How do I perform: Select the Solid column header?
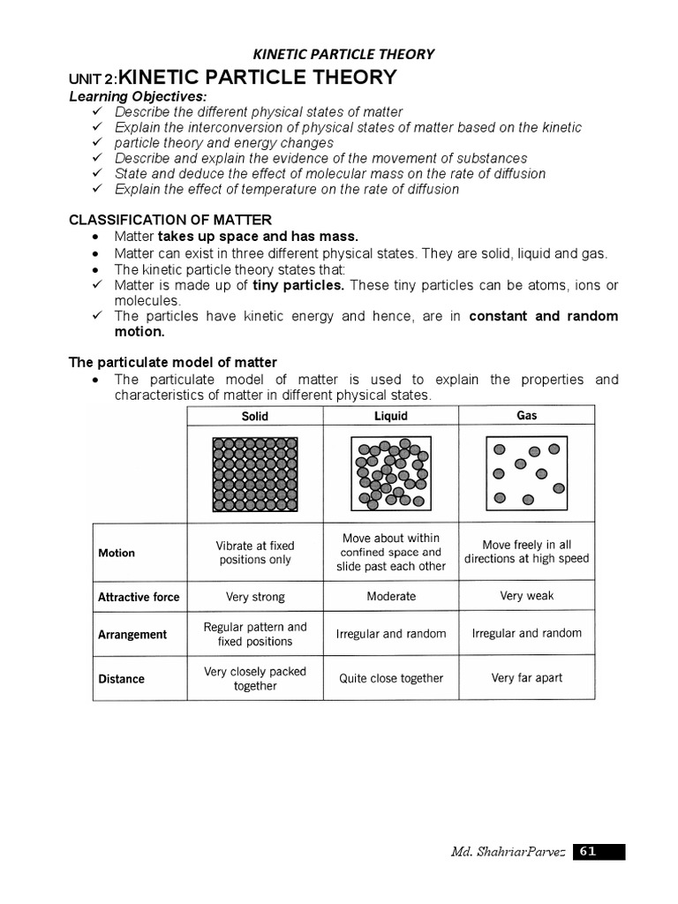[x=255, y=416]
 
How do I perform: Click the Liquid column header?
[x=391, y=416]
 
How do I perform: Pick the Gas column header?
[x=526, y=415]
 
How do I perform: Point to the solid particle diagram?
[x=255, y=474]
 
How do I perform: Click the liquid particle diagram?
[x=391, y=474]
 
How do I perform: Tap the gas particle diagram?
[x=527, y=474]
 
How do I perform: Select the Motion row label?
[x=117, y=553]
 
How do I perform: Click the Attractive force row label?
[x=139, y=597]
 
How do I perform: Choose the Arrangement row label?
[x=132, y=635]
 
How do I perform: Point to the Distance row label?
[x=121, y=679]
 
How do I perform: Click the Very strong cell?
[x=255, y=597]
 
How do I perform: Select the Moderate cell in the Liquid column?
[x=391, y=597]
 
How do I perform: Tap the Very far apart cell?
[x=527, y=679]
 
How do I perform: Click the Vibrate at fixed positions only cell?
[x=255, y=553]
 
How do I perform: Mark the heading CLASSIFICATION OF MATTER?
[x=170, y=220]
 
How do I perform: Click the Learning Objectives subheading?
[x=137, y=96]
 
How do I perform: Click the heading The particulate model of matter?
[x=173, y=362]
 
